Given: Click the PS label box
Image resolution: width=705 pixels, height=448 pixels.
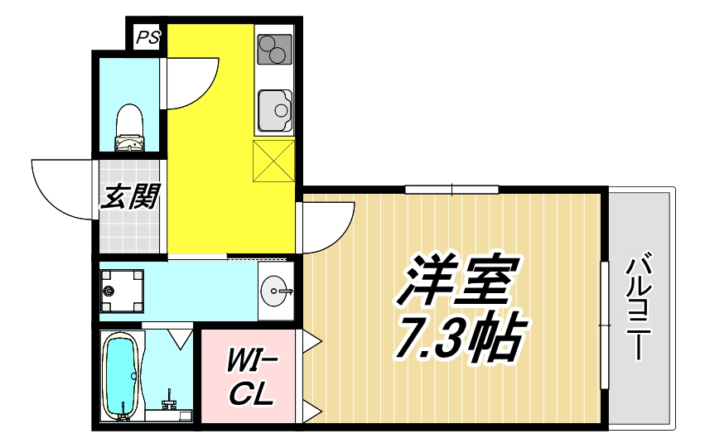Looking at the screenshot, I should coord(147,37).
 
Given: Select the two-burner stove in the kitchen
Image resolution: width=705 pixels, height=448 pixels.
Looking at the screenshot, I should coord(274,49).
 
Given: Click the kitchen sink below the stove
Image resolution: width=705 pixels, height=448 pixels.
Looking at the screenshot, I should coord(274,110).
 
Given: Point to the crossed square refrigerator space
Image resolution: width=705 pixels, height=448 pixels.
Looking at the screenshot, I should coord(274,160).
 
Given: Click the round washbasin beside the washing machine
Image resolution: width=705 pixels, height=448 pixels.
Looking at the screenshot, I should coord(275,291).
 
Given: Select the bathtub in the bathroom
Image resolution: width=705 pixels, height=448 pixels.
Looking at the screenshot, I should coord(121,374).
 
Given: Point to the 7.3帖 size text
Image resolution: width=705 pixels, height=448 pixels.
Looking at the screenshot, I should coord(457,336).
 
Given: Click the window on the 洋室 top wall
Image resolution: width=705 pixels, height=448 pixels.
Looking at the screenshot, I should coord(451,189).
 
